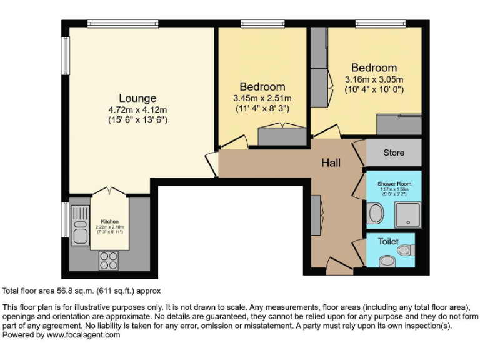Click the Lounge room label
137,98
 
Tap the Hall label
331,162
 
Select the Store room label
394,152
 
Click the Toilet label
387,241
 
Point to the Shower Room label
394,184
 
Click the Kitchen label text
109,221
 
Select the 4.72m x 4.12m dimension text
137,109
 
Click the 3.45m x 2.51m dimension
262,98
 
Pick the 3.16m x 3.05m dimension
374,79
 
